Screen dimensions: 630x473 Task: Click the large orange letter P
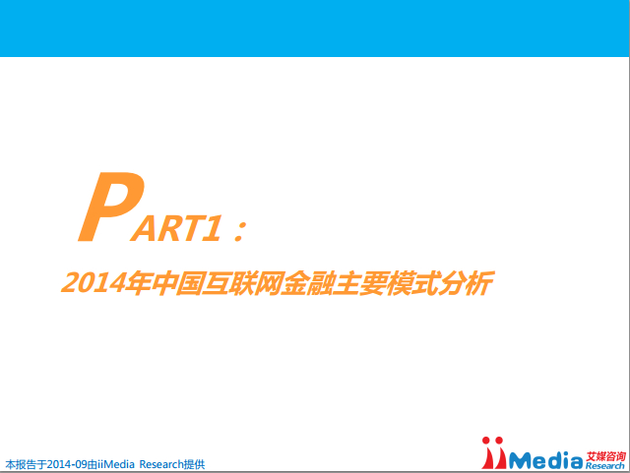pos(111,207)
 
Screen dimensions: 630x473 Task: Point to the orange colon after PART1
pos(240,232)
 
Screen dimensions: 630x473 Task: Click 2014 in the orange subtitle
pos(93,282)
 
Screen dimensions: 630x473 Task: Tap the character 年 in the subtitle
pos(138,282)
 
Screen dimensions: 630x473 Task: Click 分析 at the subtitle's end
pos(467,283)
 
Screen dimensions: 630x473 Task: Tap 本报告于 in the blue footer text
pos(27,464)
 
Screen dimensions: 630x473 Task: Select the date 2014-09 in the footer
pos(67,464)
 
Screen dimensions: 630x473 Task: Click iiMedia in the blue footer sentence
pos(116,464)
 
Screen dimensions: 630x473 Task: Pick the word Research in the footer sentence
pos(161,464)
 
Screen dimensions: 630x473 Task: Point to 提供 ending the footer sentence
pos(194,464)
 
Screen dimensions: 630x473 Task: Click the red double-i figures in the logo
pos(493,453)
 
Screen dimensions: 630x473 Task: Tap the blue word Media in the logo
pos(545,460)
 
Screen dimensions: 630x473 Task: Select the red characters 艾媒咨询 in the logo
pos(605,456)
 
